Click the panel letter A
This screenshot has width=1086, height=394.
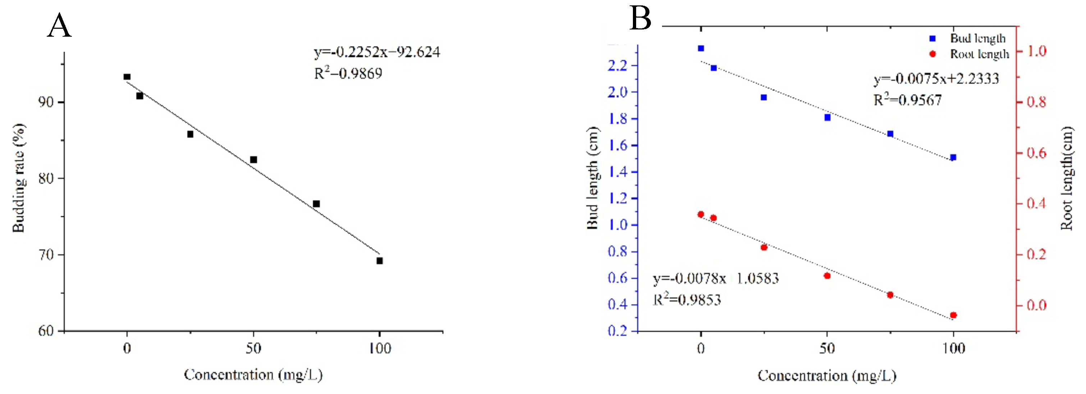59,26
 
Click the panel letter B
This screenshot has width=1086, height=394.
640,19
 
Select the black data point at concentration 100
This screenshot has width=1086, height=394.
379,261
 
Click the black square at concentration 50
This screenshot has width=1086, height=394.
254,160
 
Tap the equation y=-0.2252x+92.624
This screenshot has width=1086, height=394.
377,52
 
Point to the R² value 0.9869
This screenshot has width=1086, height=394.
348,74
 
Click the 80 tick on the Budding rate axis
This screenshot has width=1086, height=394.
46,178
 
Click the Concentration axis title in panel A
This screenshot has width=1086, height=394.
253,375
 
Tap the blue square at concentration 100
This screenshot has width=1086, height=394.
953,157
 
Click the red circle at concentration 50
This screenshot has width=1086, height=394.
827,276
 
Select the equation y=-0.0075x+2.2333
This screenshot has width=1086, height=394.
936,79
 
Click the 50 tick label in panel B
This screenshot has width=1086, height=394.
827,348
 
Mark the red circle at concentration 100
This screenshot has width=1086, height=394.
953,315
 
